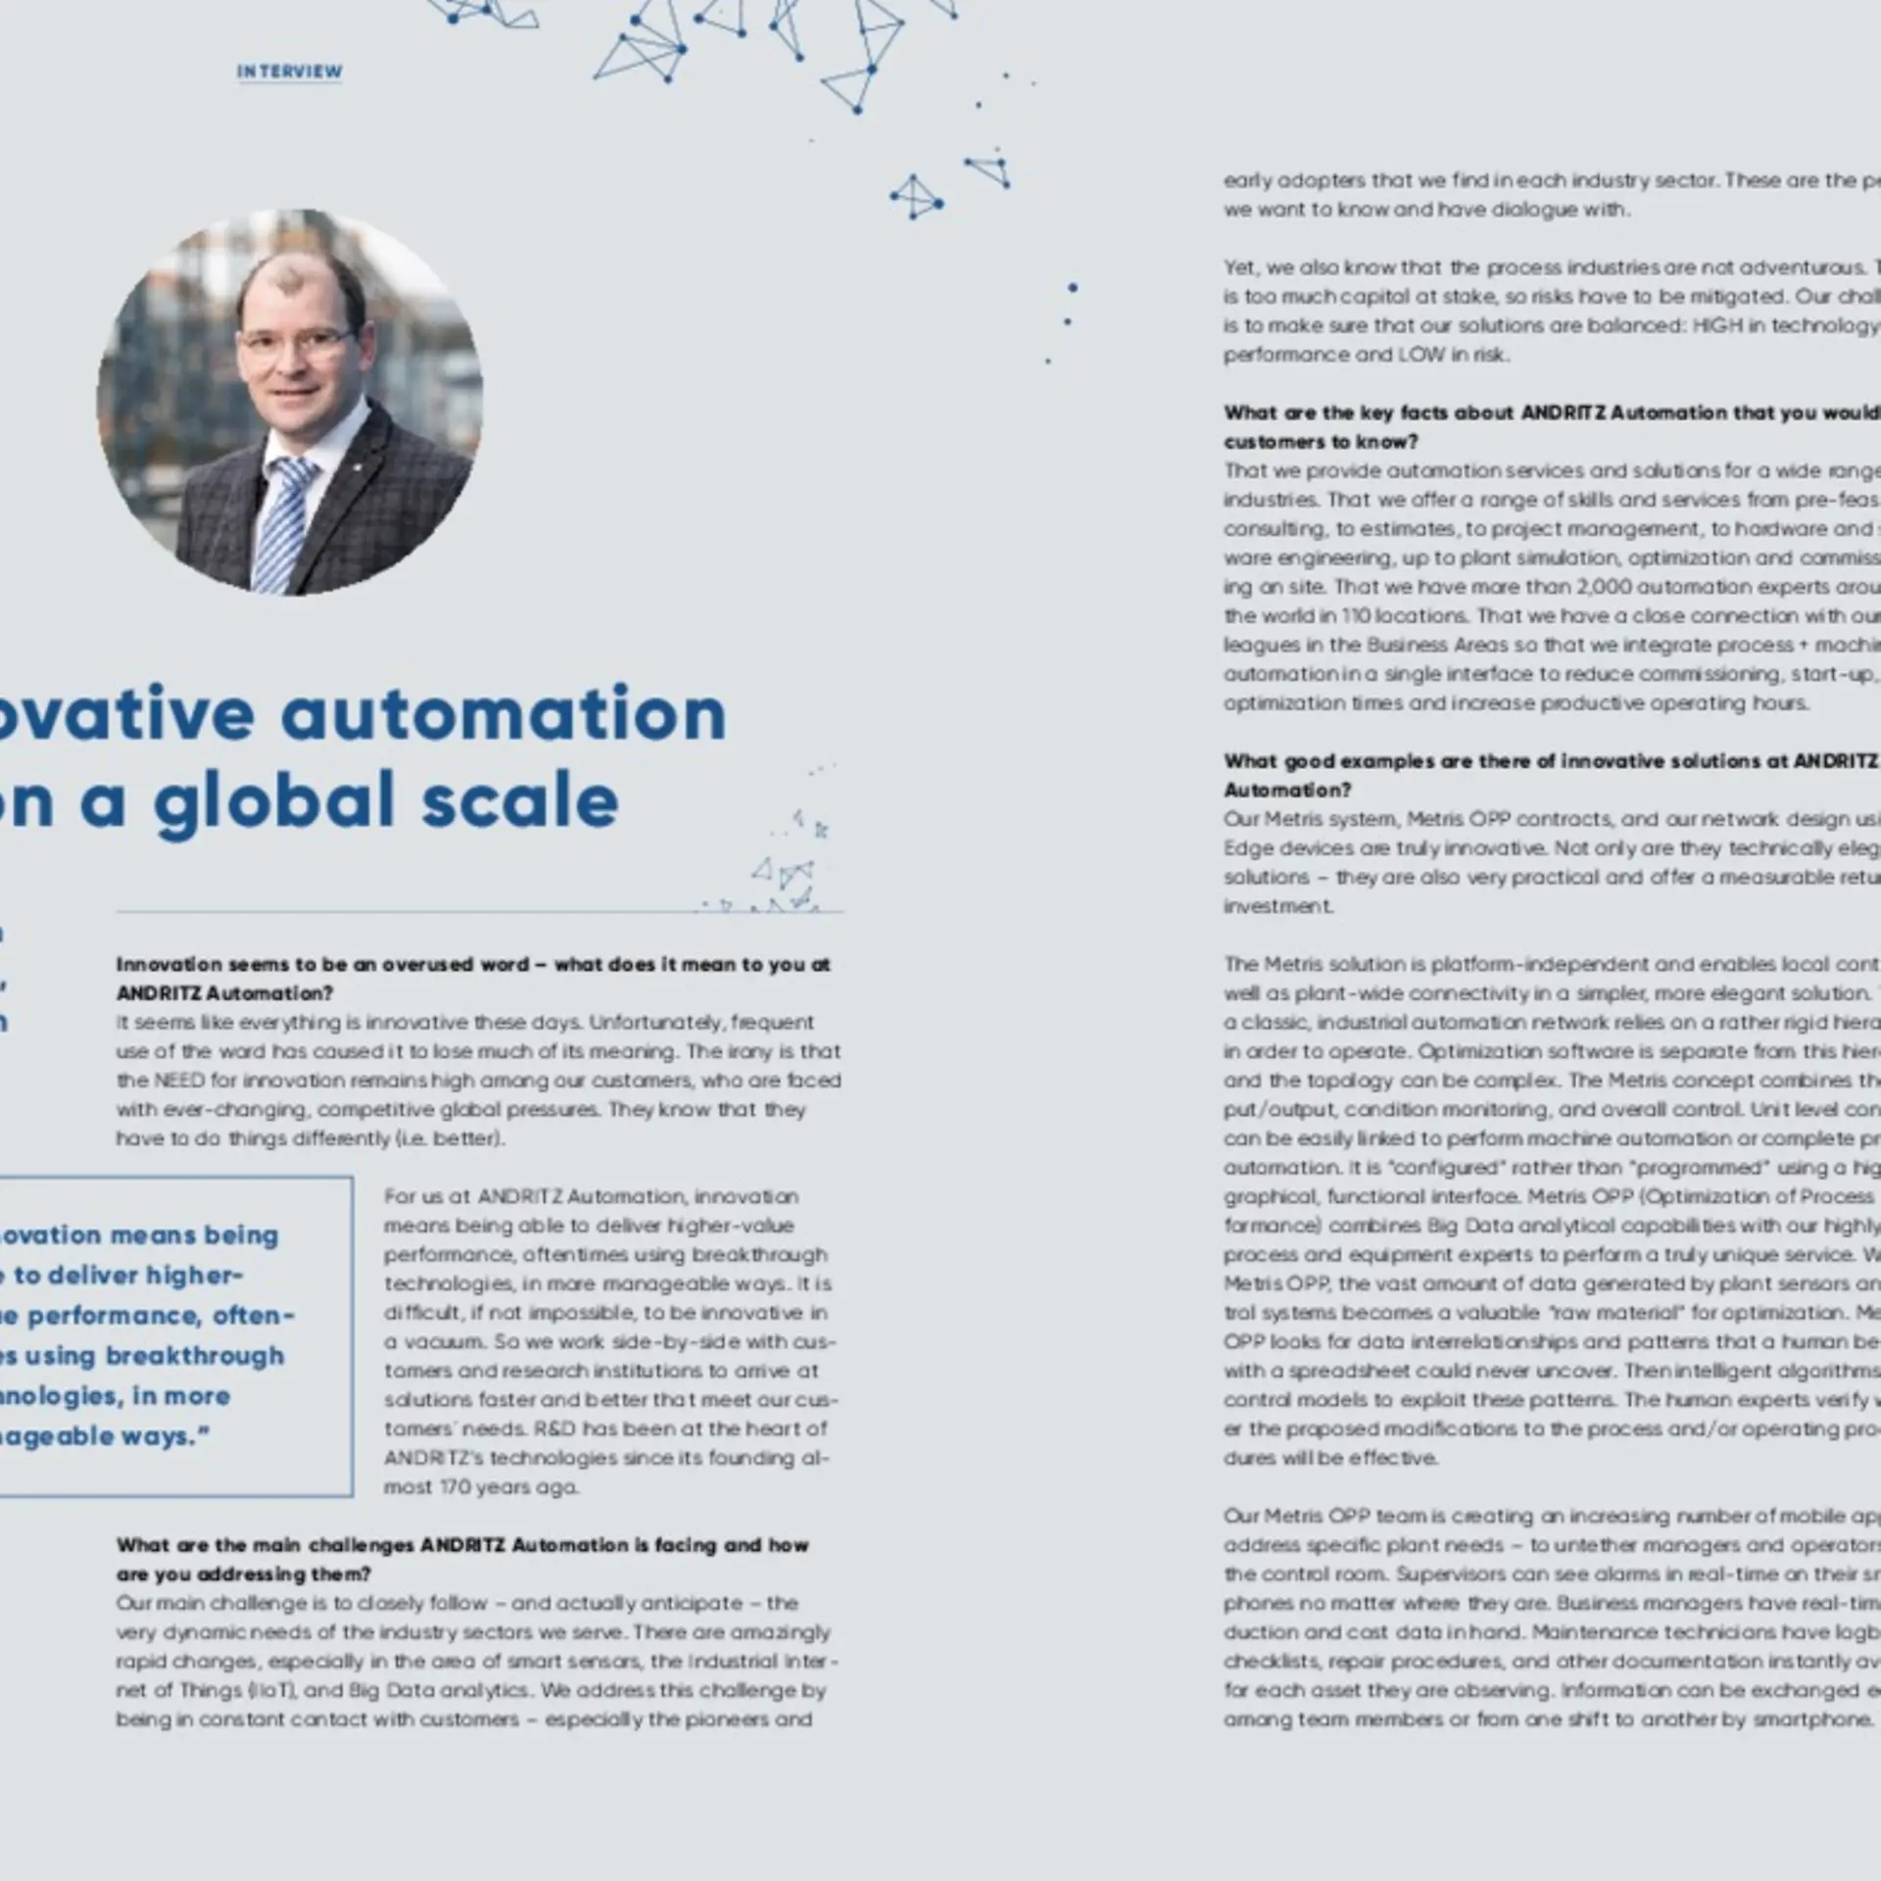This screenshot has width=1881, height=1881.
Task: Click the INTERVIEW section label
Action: [x=289, y=72]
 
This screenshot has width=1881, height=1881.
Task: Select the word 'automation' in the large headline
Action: [x=504, y=714]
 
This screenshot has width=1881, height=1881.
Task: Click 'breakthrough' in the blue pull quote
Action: [x=194, y=1355]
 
